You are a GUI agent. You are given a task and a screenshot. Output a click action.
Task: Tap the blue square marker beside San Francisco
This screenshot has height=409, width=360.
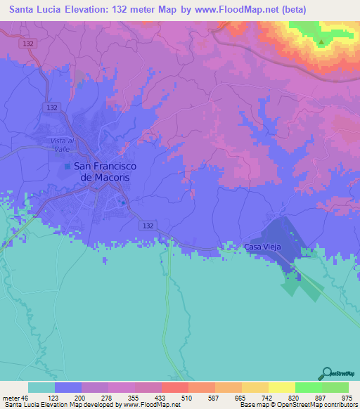pyautogui.click(x=67, y=167)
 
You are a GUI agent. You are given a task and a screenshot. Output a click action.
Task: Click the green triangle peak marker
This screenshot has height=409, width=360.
pyautogui.click(x=321, y=42)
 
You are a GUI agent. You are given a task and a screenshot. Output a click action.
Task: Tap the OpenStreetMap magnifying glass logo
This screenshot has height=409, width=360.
pyautogui.click(x=327, y=373)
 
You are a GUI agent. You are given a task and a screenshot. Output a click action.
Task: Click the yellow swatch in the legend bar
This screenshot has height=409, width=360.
pyautogui.click(x=281, y=387)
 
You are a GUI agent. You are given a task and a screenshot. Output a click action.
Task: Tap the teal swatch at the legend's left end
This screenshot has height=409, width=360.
pyautogui.click(x=41, y=387)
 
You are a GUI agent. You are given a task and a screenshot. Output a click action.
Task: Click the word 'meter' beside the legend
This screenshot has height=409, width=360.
pyautogui.click(x=10, y=397)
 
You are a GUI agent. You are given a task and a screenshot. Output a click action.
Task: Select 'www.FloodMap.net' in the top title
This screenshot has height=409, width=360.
pyautogui.click(x=239, y=10)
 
